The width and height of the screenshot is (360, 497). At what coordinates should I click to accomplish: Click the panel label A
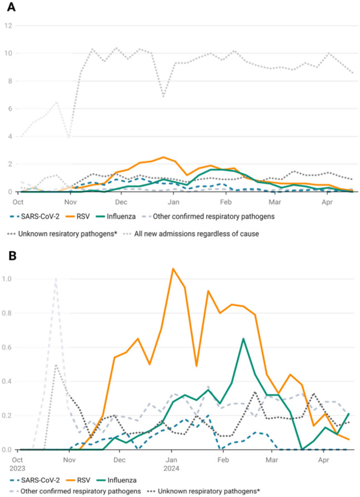11,8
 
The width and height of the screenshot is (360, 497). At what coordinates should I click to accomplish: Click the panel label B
11,259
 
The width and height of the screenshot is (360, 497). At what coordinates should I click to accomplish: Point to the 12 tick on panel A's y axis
9,26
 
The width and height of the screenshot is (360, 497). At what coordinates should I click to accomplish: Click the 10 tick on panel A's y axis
9,54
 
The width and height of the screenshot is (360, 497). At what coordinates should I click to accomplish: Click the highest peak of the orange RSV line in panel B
173,269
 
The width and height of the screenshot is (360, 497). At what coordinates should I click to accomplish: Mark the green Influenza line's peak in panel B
243,338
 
